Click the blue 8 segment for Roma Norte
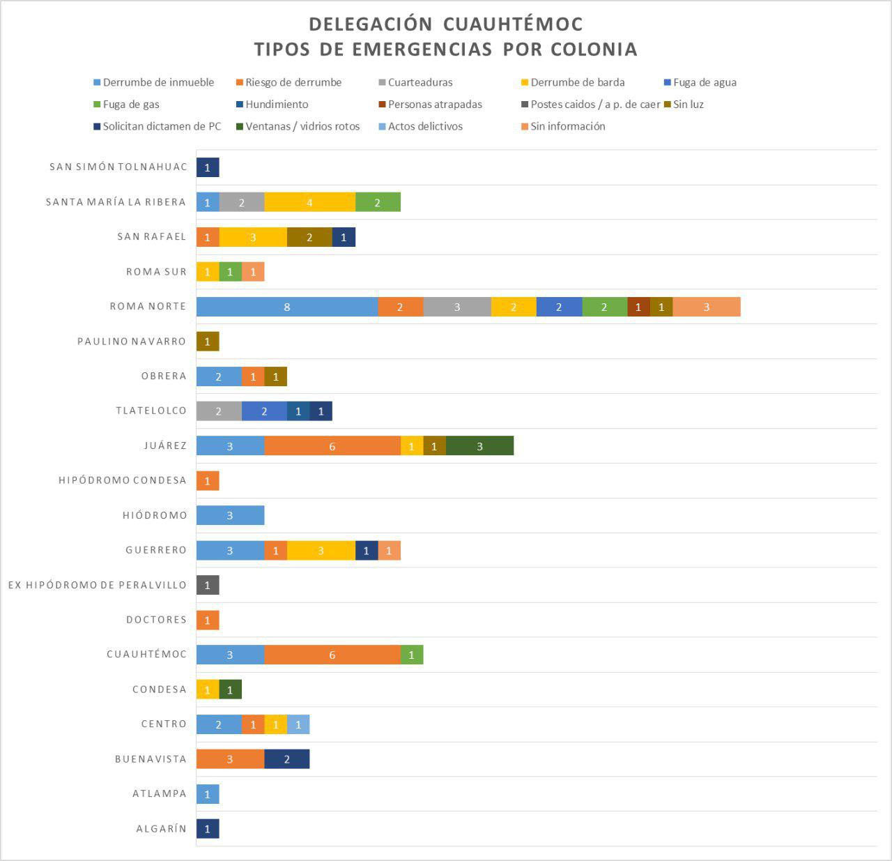287,307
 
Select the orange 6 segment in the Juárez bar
332,446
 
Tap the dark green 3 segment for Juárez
479,446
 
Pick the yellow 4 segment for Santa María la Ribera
309,202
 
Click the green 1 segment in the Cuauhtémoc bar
412,655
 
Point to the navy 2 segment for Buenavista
286,759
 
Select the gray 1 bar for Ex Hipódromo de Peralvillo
208,585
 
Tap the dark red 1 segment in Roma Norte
638,307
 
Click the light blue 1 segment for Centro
298,724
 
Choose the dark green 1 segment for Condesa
230,689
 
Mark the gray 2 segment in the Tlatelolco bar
219,411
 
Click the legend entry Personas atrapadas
434,105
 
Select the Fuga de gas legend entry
131,105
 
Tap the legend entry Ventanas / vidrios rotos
302,126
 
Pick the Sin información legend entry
567,126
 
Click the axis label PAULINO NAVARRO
132,342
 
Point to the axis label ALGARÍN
162,829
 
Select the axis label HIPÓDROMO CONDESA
123,480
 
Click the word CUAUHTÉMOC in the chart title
513,24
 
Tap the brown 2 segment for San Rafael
309,237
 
